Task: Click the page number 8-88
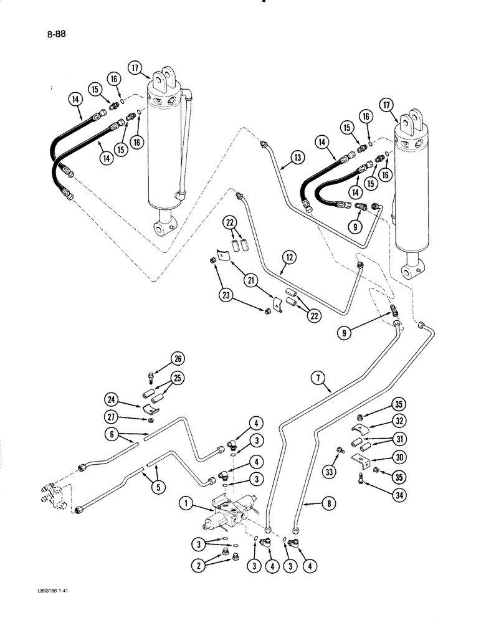coord(57,36)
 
